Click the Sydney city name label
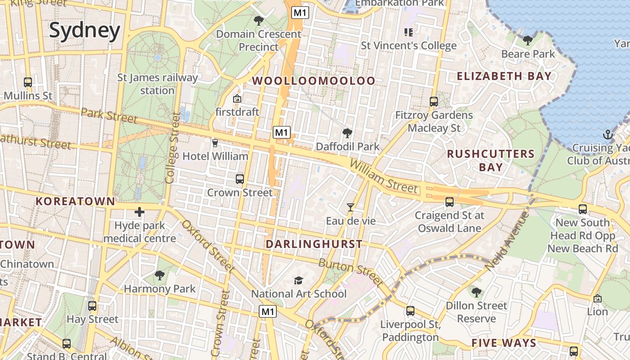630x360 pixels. [85, 31]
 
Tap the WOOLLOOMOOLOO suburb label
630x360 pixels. [314, 81]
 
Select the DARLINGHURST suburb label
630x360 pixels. [314, 244]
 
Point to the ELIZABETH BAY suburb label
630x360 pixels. [504, 76]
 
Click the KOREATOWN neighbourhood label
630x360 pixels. [76, 201]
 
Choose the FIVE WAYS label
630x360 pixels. [504, 343]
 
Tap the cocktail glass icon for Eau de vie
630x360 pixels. [351, 207]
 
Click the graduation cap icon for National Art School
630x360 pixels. [298, 280]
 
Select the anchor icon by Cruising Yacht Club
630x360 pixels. [607, 134]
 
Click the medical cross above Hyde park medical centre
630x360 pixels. [139, 211]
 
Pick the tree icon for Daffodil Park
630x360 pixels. [347, 133]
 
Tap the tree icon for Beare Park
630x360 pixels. [528, 41]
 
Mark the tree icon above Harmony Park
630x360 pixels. [159, 275]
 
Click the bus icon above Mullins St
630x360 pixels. [28, 82]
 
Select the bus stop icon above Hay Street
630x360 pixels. [92, 306]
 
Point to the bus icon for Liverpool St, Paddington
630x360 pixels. [410, 310]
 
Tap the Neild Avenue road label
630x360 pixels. [507, 241]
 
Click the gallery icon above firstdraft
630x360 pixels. [237, 99]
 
